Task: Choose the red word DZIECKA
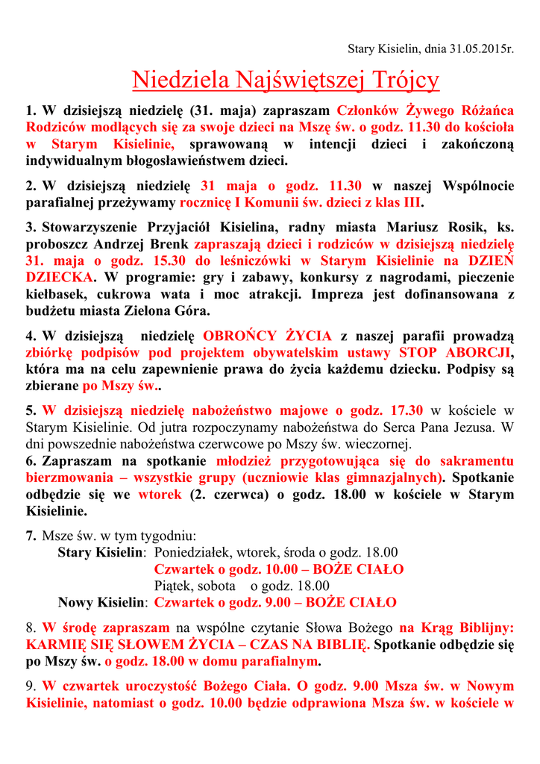[x=60, y=277]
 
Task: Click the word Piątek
[x=172, y=586]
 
